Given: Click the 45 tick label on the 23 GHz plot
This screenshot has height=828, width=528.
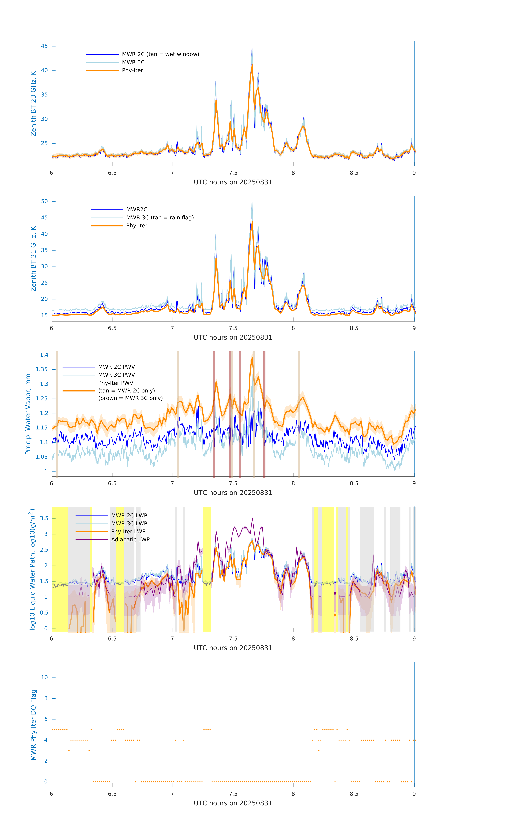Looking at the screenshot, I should click(44, 46).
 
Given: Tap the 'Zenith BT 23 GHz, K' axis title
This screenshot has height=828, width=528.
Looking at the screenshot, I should click(33, 104).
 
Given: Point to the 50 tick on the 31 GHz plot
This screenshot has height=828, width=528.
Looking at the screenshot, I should click(44, 201).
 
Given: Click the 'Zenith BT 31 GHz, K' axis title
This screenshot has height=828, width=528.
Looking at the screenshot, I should click(33, 259).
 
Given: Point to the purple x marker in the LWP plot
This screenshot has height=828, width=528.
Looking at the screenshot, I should click(335, 593).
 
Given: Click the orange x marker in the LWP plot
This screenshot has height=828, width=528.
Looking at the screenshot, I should click(335, 615).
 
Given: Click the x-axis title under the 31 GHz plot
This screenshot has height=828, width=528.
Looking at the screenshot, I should click(233, 337).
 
